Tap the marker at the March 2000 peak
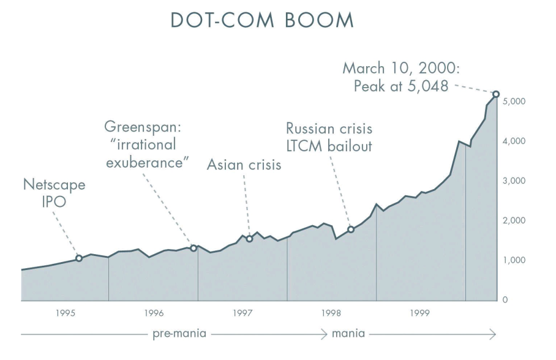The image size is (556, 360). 496,94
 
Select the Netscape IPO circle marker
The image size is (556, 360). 78,258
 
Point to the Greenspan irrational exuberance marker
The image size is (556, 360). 193,248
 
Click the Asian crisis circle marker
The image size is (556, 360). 249,239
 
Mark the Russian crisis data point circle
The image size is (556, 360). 351,230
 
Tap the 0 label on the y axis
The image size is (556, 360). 506,300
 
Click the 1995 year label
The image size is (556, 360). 66,313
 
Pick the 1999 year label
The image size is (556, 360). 420,313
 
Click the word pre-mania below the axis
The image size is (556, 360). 179,334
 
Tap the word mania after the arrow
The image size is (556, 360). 348,334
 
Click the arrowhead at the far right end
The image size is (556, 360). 493,334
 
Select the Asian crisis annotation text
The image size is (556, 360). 243,165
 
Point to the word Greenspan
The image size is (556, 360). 145,129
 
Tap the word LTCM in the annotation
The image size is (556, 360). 307,147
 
